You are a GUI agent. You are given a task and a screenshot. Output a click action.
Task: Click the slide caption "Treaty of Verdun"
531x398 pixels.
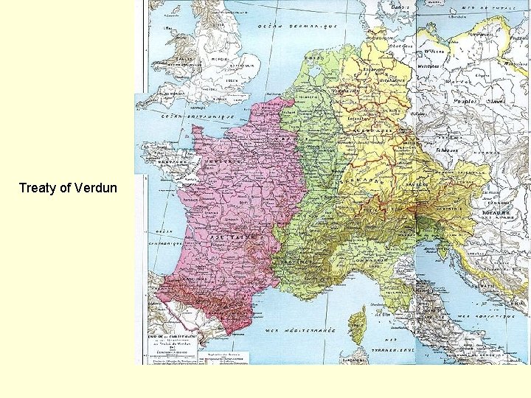coord(67,188)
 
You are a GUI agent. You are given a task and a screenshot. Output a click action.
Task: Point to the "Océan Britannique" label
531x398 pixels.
coord(198,116)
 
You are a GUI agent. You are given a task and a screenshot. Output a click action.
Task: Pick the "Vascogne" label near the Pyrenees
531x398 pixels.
coord(181,281)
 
